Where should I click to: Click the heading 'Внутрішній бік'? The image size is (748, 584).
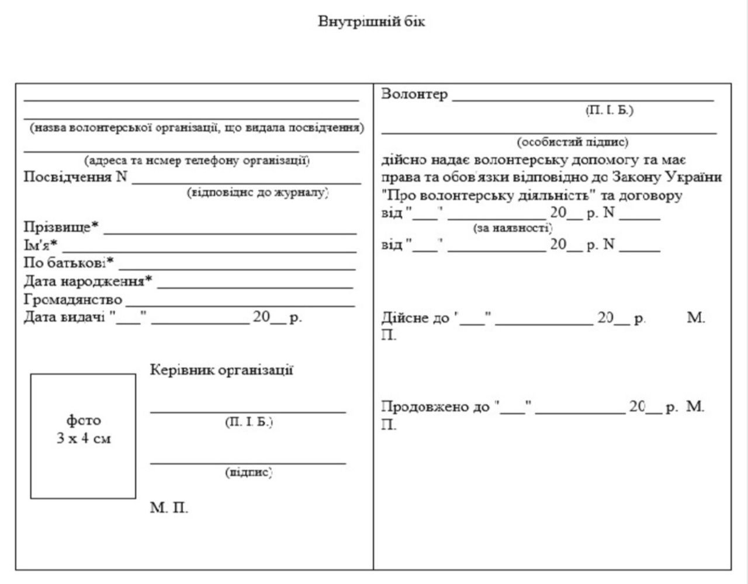coord(372,22)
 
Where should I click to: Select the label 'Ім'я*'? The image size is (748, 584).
coord(40,245)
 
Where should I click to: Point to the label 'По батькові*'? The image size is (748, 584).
coord(68,263)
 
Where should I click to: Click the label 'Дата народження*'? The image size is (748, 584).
coord(88,281)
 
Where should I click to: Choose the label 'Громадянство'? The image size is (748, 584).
coord(73,300)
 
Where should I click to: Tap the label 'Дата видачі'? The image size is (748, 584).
coord(64,318)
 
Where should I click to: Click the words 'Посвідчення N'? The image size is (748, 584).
coord(75,177)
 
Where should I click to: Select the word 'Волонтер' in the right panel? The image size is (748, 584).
coord(414,94)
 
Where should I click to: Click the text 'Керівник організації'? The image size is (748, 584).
coord(221,370)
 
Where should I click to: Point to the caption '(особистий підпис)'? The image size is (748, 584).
coord(572,142)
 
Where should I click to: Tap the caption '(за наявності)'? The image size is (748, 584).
coord(512,228)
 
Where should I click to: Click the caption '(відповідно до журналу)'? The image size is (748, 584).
coord(258,192)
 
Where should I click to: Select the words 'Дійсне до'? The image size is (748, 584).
coord(415,318)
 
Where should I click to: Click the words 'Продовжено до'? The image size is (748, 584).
coord(435,406)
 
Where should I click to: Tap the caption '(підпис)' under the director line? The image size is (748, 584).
coord(249,472)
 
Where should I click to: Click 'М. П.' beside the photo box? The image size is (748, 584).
coord(169,507)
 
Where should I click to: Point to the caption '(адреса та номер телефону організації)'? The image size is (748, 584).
coord(197,160)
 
